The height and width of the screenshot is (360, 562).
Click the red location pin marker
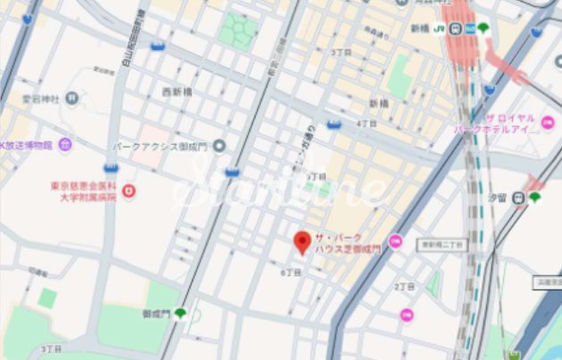[x=303, y=242]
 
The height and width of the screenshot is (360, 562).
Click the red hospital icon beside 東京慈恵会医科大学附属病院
[x=129, y=190]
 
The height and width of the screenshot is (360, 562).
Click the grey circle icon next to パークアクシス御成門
[x=220, y=145]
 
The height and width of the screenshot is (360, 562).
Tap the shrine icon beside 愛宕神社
[x=72, y=97]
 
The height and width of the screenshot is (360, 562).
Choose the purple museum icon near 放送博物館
[x=64, y=144]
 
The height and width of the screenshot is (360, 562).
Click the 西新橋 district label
[x=179, y=91]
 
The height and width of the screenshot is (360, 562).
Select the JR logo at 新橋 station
[x=440, y=29]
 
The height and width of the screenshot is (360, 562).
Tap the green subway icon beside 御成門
[x=179, y=313]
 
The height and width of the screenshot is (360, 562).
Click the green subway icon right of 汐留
[x=534, y=197]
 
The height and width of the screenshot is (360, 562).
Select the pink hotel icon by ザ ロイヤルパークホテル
[x=548, y=122]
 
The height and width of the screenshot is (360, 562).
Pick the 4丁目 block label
[x=366, y=122]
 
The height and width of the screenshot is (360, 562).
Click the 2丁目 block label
[x=402, y=287]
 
